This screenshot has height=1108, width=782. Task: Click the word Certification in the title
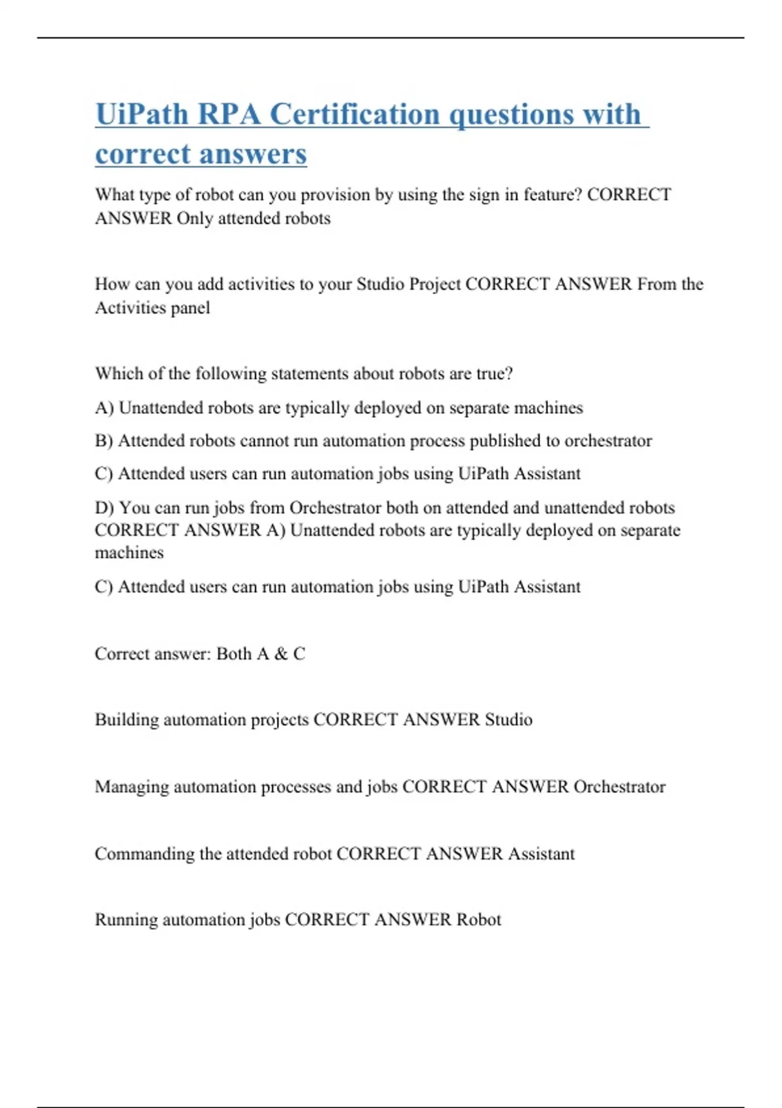(355, 115)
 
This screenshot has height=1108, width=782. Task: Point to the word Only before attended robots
(195, 218)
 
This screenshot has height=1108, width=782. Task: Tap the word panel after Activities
(190, 308)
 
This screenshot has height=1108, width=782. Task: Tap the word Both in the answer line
(234, 654)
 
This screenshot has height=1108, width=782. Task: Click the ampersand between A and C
(281, 654)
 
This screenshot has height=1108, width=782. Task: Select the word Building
(126, 720)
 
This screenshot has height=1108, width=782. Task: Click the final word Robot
(478, 920)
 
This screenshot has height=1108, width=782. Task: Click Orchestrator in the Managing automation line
(619, 787)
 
